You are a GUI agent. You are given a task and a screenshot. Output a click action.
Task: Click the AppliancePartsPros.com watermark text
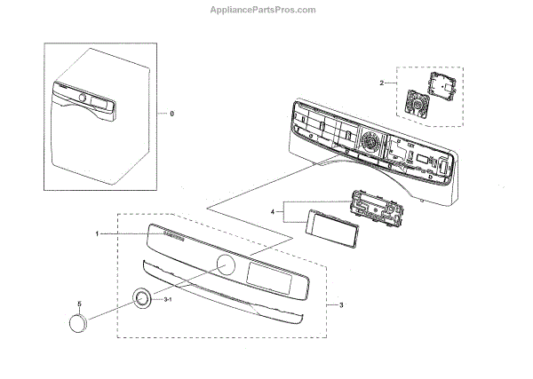(266, 11)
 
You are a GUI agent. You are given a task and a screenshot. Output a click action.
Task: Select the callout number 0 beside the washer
(172, 114)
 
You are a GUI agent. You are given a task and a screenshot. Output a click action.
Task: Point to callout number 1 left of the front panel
(98, 234)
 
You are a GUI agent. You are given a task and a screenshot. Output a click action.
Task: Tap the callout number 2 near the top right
(382, 83)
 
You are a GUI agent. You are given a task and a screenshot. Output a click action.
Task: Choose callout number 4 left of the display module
(274, 212)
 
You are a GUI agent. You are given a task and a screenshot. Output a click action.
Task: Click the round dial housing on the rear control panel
(371, 139)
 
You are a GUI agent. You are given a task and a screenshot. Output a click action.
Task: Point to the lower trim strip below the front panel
(222, 293)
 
